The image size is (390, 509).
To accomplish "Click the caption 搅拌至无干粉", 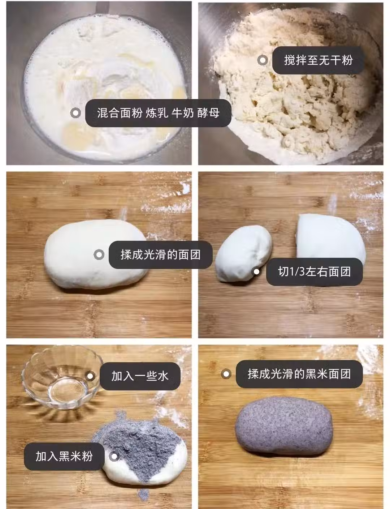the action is [x=318, y=60].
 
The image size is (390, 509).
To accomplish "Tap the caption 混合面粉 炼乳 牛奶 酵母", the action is [x=158, y=113].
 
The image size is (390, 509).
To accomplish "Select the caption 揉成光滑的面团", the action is [x=160, y=254].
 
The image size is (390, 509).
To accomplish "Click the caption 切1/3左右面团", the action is [x=315, y=272].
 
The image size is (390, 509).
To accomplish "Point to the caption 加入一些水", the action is [x=140, y=376].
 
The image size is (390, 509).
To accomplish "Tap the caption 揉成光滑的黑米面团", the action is [x=299, y=374].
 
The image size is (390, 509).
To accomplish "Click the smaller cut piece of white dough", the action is [x=243, y=253].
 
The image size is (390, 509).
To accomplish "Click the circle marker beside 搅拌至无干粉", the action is [x=263, y=60].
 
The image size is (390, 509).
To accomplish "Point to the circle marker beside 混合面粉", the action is [x=75, y=113].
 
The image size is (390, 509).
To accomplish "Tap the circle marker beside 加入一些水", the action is [x=90, y=376].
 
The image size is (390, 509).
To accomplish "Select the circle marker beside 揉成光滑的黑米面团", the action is [x=226, y=374].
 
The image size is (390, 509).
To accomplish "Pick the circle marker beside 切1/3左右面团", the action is [x=257, y=272].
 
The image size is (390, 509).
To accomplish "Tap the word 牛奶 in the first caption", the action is [x=183, y=113].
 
